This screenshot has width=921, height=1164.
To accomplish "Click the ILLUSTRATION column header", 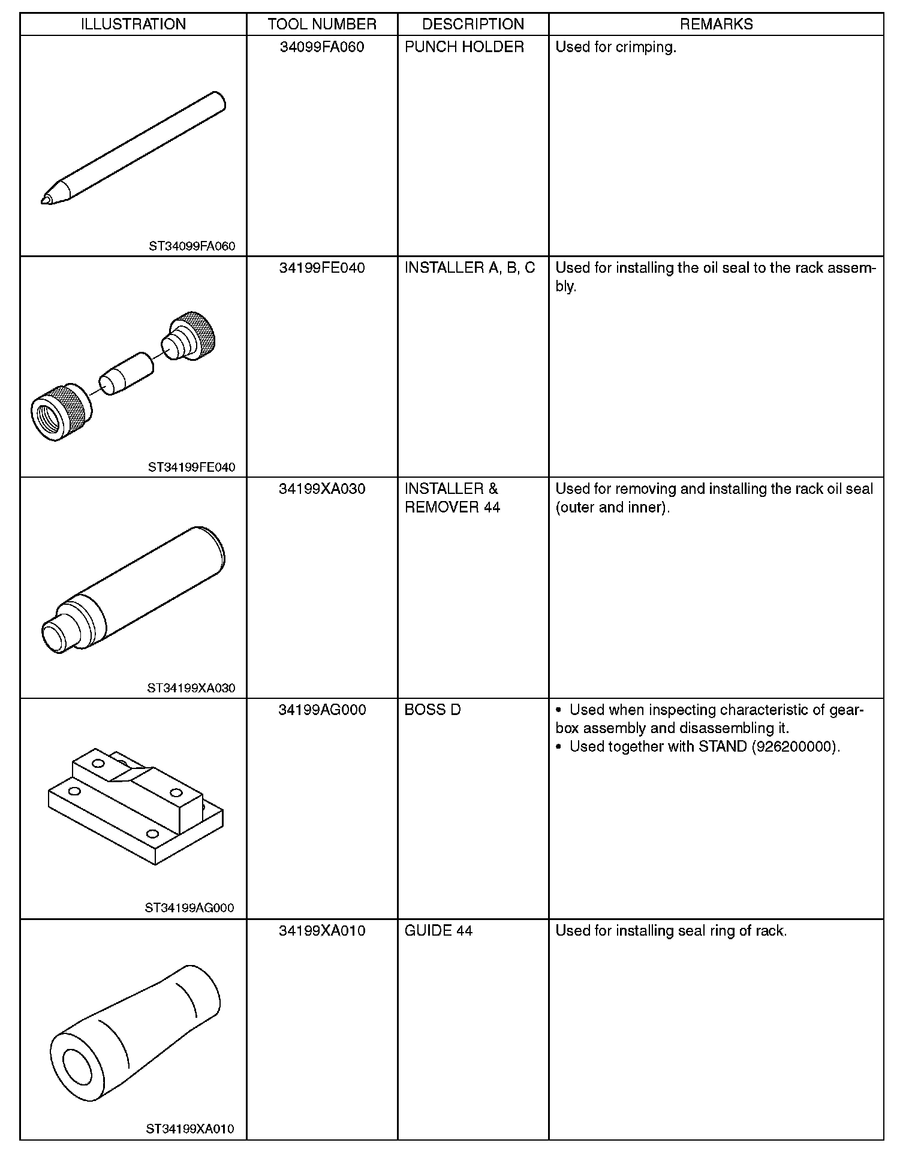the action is (x=133, y=24).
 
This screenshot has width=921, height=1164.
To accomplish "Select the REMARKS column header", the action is (x=716, y=24).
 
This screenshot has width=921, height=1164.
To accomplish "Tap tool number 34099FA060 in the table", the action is (x=322, y=47).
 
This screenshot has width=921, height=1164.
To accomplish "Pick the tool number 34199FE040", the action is (x=322, y=268).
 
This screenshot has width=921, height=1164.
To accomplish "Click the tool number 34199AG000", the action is (x=322, y=710).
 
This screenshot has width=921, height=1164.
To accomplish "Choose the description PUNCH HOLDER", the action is (x=464, y=47).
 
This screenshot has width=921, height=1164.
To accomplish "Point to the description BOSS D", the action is (x=432, y=710).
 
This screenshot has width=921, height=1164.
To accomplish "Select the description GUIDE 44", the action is (x=438, y=930).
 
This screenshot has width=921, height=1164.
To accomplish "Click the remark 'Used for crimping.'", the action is (x=616, y=47).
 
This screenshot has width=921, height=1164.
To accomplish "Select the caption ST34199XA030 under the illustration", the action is (x=191, y=688).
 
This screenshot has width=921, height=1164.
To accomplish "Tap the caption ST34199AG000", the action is (x=189, y=908).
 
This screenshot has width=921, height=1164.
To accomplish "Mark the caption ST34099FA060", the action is (x=192, y=246).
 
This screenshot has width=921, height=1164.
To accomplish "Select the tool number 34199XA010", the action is (x=322, y=930).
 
